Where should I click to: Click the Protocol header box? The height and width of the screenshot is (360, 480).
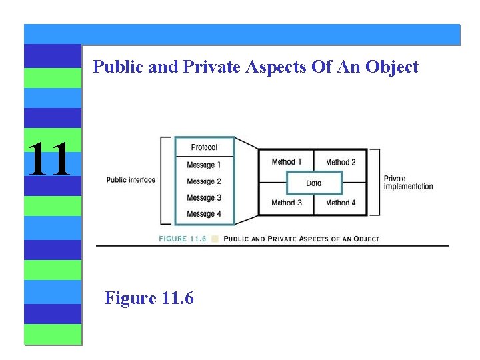tap(204, 147)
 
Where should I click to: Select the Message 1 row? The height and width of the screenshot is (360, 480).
tap(204, 165)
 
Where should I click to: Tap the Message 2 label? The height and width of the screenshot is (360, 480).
tap(204, 181)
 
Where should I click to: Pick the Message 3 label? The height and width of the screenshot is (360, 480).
tap(204, 197)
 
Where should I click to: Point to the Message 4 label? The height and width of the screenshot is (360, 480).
tap(204, 214)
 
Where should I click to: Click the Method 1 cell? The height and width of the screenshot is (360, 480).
tap(287, 162)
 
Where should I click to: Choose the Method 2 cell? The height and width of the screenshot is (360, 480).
tap(341, 162)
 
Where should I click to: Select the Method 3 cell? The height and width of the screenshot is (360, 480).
tap(287, 203)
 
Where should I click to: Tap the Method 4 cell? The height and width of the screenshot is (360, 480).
tap(341, 203)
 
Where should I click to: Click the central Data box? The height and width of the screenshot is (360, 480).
tap(314, 183)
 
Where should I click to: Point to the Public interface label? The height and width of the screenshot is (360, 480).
tap(131, 180)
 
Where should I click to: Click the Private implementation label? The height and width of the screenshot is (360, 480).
tap(408, 183)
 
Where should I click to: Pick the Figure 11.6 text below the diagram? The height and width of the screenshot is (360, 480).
tap(149, 298)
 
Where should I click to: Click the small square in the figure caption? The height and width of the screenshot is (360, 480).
tap(215, 238)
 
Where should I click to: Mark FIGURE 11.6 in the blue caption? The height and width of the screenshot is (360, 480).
tap(182, 238)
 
